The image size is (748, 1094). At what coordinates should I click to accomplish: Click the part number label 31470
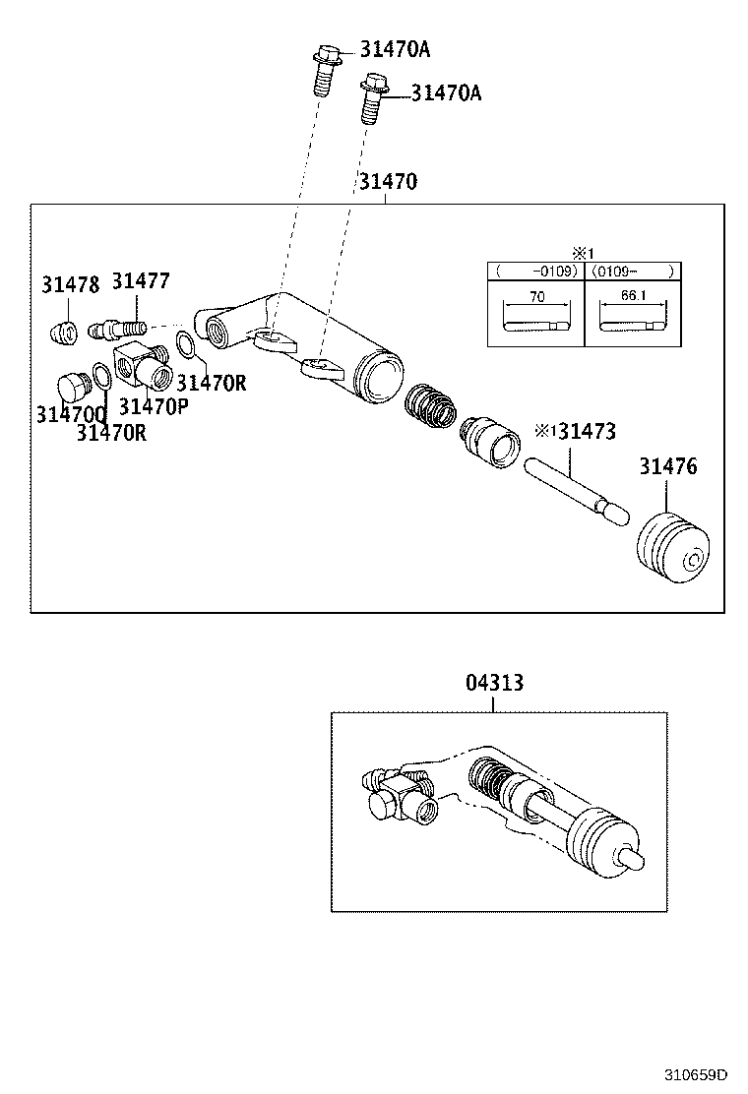[387, 182]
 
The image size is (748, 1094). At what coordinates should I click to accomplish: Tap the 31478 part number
[70, 285]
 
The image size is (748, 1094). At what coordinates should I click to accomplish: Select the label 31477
[140, 281]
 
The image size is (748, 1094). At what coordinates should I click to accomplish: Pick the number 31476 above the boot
[667, 466]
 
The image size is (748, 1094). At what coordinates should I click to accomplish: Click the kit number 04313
[494, 683]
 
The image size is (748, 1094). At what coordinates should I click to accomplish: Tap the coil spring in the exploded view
[431, 405]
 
